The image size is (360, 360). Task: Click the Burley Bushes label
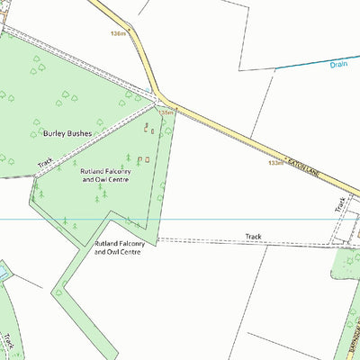click(67, 132)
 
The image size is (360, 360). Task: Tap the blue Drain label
click(338, 65)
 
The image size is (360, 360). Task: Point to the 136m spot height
click(116, 33)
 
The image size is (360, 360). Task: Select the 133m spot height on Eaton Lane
click(275, 163)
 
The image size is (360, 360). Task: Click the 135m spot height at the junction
click(166, 112)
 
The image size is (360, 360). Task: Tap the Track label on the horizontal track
click(254, 237)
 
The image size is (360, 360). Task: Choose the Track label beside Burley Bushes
click(45, 164)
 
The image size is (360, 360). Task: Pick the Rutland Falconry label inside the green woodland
click(105, 175)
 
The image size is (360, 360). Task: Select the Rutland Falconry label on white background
click(118, 247)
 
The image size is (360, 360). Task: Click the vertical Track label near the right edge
click(340, 204)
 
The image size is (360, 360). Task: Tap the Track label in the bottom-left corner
click(8, 343)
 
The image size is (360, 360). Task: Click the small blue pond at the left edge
click(3, 270)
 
